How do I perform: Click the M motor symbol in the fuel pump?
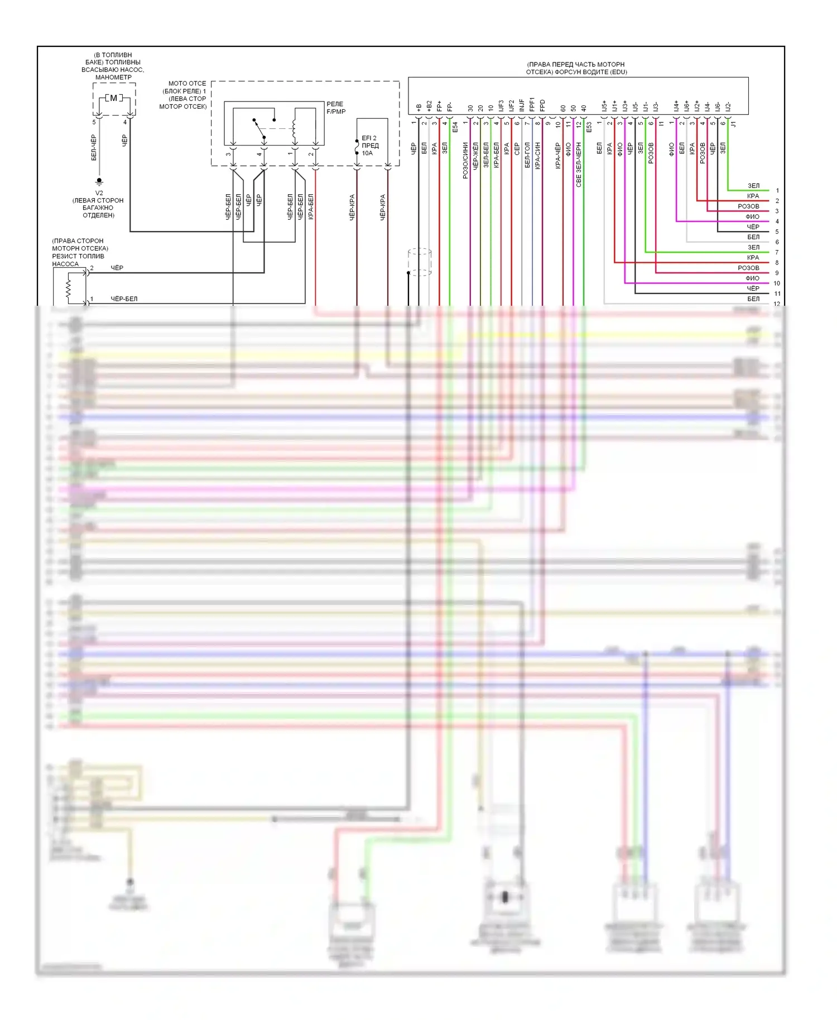point(114,98)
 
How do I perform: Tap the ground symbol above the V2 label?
point(99,181)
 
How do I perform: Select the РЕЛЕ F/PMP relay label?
point(336,108)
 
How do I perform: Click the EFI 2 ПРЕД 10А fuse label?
point(369,145)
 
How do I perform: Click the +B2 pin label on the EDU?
point(429,106)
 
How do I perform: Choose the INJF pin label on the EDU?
point(522,105)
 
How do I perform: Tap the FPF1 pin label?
point(532,105)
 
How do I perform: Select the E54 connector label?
point(455,127)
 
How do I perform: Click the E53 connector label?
point(589,127)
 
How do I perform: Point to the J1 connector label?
point(734,124)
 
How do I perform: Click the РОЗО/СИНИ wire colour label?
point(465,160)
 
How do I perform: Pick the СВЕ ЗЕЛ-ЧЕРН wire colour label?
point(579,164)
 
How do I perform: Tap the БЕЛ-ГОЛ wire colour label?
point(527,155)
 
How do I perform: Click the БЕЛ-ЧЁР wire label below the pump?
point(94,147)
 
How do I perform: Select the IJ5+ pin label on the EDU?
point(604,105)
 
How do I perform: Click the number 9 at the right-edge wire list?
point(777,273)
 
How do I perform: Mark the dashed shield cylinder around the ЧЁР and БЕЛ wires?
point(420,262)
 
